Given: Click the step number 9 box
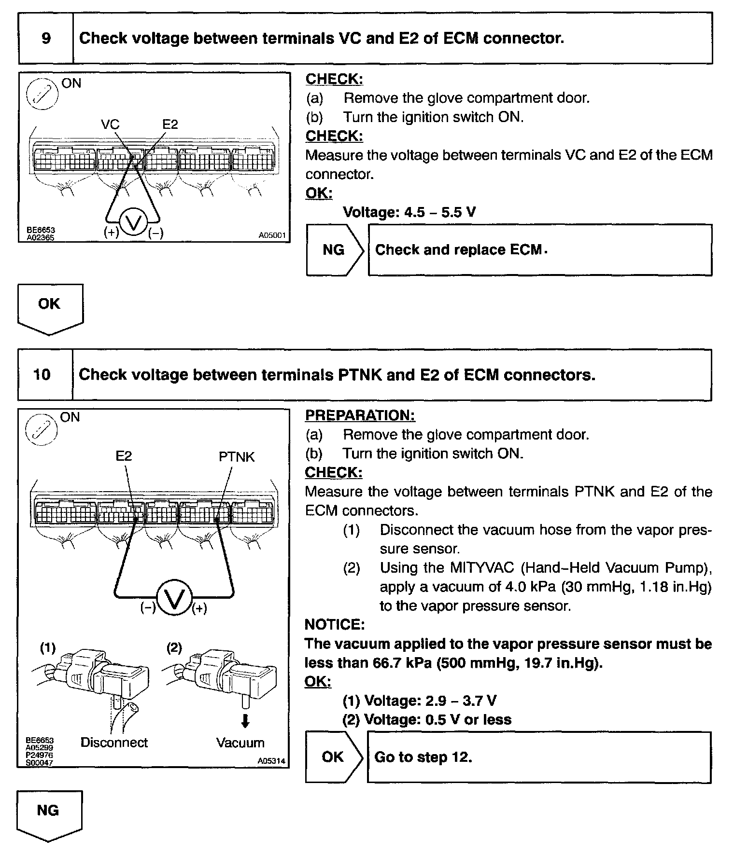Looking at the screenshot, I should tap(46, 38).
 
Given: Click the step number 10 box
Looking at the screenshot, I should tap(42, 374).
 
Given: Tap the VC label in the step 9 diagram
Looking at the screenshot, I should tap(110, 124).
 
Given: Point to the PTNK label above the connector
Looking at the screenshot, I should tap(237, 457).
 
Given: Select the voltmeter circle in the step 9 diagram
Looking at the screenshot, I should tap(133, 222).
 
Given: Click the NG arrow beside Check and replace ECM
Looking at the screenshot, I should tap(334, 249).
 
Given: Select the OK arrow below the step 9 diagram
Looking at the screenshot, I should tap(50, 307).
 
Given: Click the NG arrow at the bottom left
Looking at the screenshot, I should tap(48, 814).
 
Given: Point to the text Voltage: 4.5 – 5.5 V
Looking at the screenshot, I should tap(409, 212).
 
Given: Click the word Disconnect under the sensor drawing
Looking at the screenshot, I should tap(114, 743).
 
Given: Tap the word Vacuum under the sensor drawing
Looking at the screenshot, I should tap(240, 743).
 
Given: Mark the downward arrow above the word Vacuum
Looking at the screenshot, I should tap(245, 721).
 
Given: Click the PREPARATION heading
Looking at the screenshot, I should tap(360, 415).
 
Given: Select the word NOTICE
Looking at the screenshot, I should tap(335, 625).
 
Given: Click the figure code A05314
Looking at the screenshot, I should tap(271, 761).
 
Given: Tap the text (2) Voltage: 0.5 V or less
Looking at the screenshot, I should tap(427, 719).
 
